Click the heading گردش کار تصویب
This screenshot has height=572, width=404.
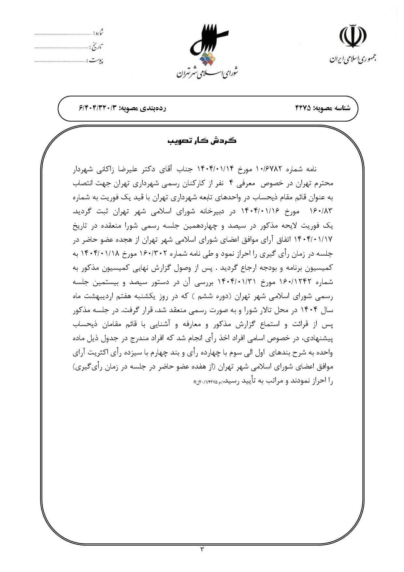click(202, 141)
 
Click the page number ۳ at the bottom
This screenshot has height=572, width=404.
click(202, 549)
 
